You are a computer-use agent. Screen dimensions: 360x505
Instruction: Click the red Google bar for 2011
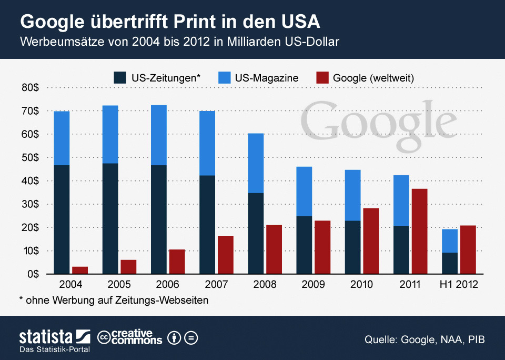pos(419,231)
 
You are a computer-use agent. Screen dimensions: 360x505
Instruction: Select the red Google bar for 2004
pos(80,270)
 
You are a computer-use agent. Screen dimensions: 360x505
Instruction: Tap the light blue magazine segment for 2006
pos(158,135)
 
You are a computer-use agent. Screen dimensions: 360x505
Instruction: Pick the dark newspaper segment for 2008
pos(256,233)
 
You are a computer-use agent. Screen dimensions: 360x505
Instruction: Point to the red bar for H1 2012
pos(468,249)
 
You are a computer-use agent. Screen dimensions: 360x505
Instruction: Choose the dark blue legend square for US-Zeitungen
pos(119,78)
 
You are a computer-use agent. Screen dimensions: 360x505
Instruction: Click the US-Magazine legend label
pos(267,78)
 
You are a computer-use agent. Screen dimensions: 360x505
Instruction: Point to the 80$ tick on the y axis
pos(31,88)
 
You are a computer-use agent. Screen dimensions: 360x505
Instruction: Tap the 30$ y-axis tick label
pos(31,204)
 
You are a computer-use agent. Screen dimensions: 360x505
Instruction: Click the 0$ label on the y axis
pos(33,274)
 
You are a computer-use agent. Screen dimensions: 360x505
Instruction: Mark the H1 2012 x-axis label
pos(459,285)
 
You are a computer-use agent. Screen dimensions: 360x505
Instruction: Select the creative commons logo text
pos(130,337)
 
